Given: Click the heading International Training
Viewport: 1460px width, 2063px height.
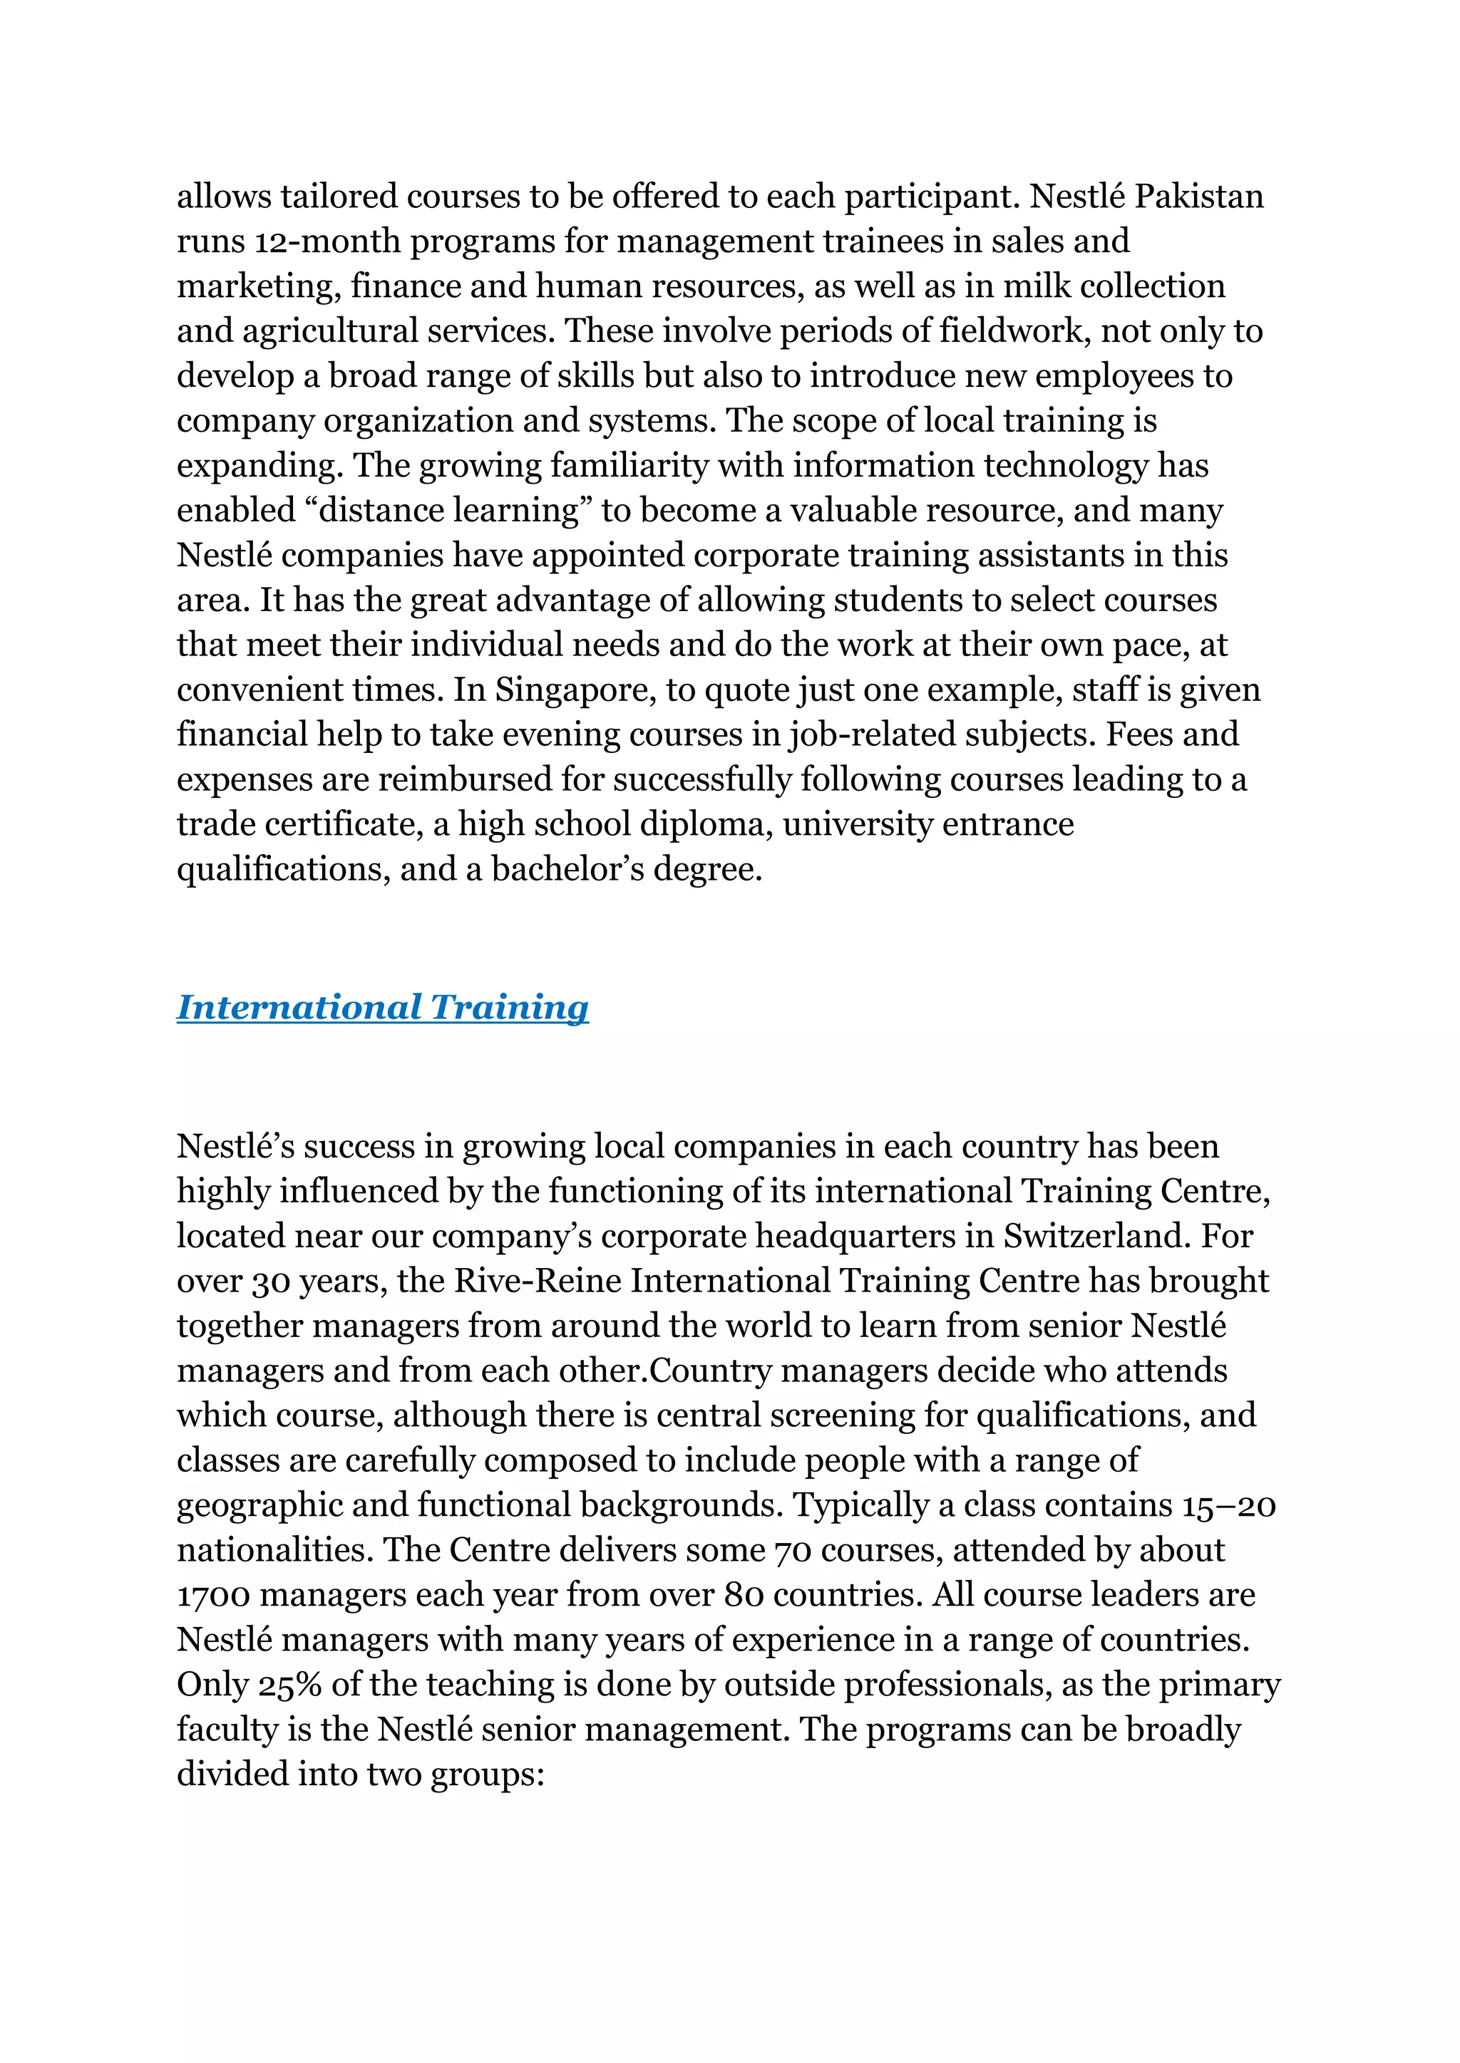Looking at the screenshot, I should (x=382, y=1007).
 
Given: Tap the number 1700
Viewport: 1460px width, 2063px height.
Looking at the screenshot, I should (x=212, y=1595).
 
